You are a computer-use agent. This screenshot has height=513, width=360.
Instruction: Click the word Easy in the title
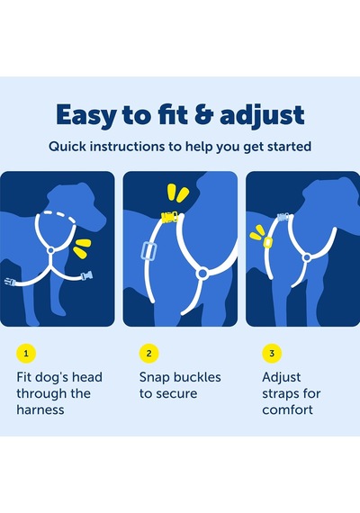click(x=86, y=115)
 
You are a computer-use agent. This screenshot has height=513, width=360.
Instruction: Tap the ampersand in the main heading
click(x=203, y=114)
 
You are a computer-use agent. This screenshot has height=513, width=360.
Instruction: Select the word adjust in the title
click(x=262, y=115)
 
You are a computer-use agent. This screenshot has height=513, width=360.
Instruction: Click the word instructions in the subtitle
click(x=127, y=146)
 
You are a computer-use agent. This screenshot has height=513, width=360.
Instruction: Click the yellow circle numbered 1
click(x=26, y=353)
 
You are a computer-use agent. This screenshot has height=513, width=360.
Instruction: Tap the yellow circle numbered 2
click(x=148, y=353)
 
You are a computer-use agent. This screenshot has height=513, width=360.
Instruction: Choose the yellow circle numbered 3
click(x=272, y=353)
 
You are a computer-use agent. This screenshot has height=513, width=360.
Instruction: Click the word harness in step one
click(x=40, y=409)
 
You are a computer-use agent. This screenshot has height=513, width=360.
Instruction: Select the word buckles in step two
click(x=196, y=377)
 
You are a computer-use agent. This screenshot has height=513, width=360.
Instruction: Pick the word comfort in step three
click(x=287, y=409)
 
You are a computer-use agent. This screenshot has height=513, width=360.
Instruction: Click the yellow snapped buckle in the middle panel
click(x=169, y=217)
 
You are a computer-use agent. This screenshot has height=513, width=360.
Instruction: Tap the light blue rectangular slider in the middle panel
click(x=148, y=252)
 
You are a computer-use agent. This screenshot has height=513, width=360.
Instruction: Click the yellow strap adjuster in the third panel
click(x=267, y=242)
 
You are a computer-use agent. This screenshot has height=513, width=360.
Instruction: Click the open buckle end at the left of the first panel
click(x=10, y=282)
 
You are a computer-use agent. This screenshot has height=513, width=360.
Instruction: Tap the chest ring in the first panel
click(x=50, y=250)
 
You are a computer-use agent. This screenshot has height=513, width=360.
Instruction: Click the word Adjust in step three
click(x=281, y=377)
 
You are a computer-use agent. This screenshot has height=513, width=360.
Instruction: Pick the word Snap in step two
click(x=154, y=377)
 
